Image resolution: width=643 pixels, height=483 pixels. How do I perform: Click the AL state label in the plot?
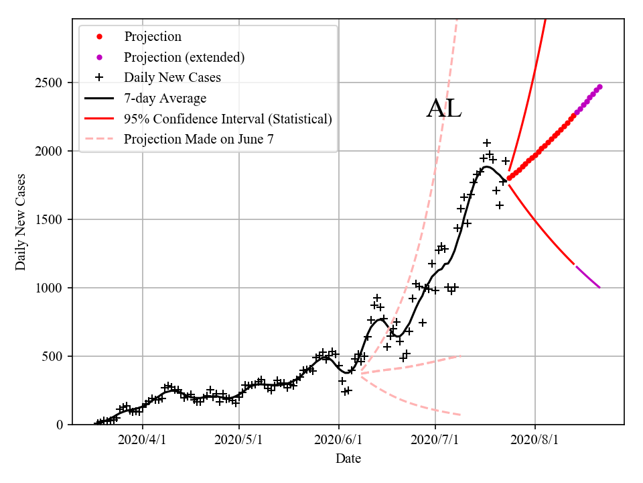tap(444, 109)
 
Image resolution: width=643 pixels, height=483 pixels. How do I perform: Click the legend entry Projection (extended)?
tap(184, 57)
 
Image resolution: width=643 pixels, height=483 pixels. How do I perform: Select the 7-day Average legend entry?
tap(165, 99)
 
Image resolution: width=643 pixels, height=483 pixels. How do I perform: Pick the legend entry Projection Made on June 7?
tap(199, 140)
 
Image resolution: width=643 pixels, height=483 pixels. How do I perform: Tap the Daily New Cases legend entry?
tap(172, 77)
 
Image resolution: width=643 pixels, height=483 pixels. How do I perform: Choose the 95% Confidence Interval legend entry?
tap(228, 119)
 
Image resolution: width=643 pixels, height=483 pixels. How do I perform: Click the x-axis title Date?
tap(348, 459)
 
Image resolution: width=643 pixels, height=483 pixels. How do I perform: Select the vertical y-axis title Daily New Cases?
tap(21, 221)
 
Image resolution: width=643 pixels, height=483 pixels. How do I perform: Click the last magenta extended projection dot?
tap(599, 87)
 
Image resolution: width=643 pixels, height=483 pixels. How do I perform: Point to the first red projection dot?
tap(509, 178)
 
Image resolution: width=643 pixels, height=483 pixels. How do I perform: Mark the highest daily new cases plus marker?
tap(487, 143)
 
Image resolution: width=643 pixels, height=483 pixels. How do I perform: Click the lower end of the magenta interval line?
tap(599, 287)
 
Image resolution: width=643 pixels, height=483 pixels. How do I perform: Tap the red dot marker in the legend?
tap(99, 36)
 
